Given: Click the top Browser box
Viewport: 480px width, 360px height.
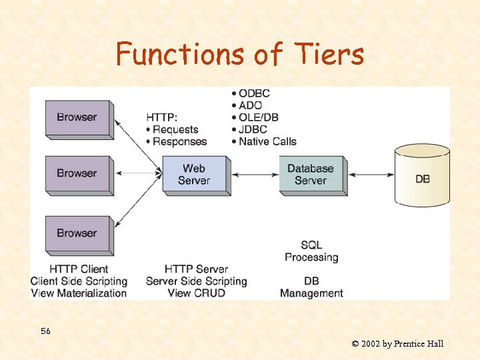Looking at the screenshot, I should coord(77,117).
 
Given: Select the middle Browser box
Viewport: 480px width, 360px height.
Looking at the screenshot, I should coord(77,173).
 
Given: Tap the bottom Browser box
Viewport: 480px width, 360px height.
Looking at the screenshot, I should coord(77,233).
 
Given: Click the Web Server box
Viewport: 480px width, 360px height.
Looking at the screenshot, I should coord(194,174).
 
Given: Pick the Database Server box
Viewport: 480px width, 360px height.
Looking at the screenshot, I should coord(311,174).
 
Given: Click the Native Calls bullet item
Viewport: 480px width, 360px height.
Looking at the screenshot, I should coord(264,141).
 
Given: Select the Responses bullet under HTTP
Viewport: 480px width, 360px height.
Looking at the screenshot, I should coord(177,141).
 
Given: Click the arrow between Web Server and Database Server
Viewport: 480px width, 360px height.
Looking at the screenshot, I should coord(255,175).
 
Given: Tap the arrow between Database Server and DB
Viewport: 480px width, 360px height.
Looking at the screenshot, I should coord(371,175).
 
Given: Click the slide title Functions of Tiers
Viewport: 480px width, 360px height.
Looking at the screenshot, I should coord(240,54).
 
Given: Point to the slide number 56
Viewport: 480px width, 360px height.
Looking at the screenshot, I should coord(45,331).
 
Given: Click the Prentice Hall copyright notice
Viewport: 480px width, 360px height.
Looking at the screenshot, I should coord(397,344).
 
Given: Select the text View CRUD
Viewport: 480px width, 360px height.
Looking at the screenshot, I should coord(197,293).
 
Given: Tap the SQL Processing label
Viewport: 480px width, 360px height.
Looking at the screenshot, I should coord(311,251).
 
